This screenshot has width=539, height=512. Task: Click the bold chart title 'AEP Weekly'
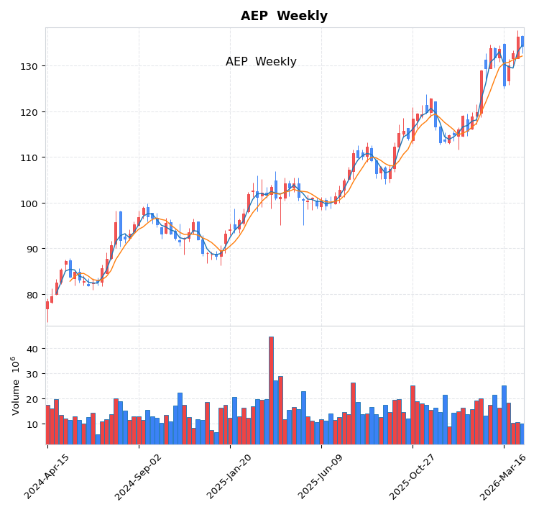click(x=284, y=16)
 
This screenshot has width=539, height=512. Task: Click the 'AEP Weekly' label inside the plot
click(x=261, y=62)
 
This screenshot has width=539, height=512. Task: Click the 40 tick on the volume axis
click(x=33, y=349)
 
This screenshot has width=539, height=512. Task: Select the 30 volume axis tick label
click(x=33, y=374)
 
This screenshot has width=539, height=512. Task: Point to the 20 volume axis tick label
click(x=33, y=399)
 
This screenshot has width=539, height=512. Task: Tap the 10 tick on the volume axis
click(x=33, y=424)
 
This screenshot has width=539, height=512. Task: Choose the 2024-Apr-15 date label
click(x=47, y=476)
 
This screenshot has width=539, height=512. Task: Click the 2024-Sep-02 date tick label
click(x=139, y=476)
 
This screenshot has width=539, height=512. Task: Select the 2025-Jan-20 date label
click(x=230, y=476)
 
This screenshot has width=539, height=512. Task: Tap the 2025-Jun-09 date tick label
click(x=321, y=476)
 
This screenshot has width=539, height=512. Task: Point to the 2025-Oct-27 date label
click(x=413, y=476)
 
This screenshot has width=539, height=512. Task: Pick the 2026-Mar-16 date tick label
click(x=504, y=476)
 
